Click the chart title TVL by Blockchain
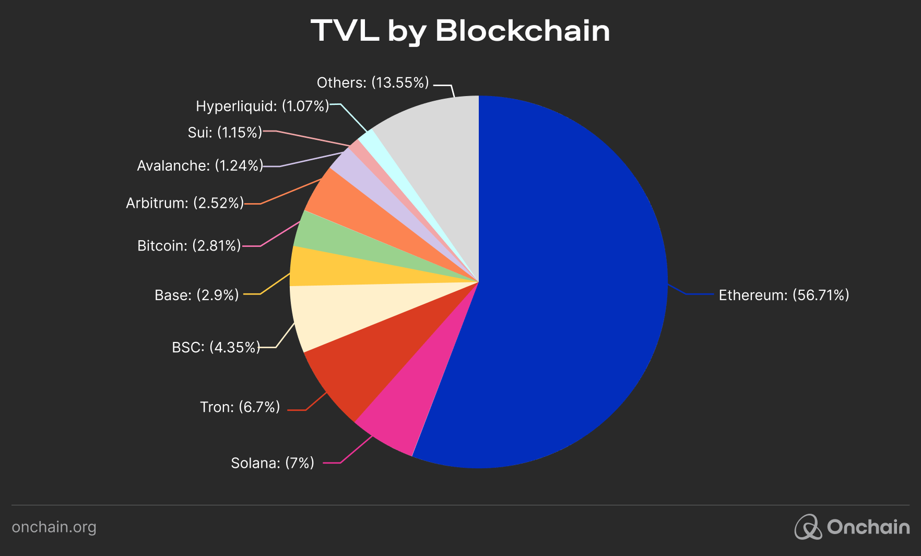tap(460, 31)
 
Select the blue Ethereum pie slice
tap(564, 282)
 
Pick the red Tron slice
tap(365, 365)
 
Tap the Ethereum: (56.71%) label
tap(783, 295)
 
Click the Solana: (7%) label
tap(272, 463)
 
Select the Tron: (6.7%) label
tap(240, 407)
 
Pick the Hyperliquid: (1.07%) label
tap(262, 107)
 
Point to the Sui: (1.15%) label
tap(225, 133)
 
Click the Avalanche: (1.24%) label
tap(199, 166)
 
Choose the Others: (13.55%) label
tap(372, 83)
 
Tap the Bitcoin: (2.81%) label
tap(188, 246)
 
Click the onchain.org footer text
tap(54, 527)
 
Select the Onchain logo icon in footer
tap(808, 527)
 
